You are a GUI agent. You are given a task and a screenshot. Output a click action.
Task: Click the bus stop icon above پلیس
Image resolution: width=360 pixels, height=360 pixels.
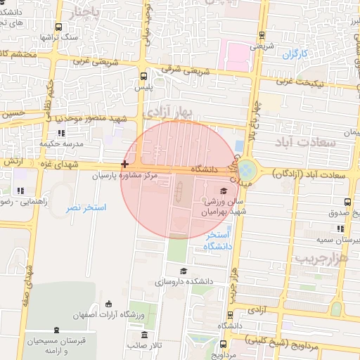pos(143,75)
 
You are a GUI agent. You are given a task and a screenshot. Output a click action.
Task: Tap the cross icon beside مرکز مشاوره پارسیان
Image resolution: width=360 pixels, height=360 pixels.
pos(125,164)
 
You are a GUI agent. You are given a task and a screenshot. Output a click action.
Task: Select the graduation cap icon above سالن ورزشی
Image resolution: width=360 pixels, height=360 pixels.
pos(224,191)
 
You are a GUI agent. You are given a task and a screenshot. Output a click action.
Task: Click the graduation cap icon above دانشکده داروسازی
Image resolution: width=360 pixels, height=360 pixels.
pos(184,271)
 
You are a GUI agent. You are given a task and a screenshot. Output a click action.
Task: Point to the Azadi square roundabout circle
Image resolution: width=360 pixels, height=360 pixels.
pos(247,170)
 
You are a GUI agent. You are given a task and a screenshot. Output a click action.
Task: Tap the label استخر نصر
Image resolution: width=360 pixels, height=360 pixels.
pos(85,208)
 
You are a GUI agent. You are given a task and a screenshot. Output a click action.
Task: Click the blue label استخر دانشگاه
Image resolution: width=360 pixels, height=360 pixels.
pos(219,240)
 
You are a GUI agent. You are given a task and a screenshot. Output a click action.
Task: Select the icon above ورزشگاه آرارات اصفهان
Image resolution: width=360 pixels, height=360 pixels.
pos(108,304)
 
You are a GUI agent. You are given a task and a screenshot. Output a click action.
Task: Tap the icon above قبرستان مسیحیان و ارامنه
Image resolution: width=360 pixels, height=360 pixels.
pos(56,329)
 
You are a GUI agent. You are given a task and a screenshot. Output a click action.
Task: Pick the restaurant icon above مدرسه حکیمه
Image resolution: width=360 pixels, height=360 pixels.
pos(62,132)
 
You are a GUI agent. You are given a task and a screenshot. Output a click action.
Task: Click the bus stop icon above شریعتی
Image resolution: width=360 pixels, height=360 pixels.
pos(262,35)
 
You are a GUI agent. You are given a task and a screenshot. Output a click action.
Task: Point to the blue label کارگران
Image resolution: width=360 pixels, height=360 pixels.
pos(296,54)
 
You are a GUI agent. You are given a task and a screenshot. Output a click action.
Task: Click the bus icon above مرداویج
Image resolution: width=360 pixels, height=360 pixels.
pos(224,345)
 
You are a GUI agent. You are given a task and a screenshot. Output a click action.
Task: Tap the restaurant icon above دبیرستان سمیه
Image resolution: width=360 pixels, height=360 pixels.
pos(341,229)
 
